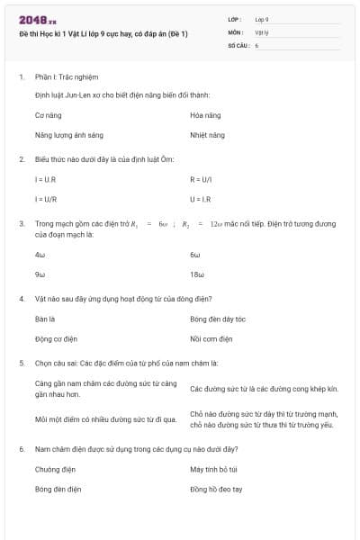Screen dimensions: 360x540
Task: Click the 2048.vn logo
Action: click(x=38, y=19)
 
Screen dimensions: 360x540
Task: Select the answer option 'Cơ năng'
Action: click(x=48, y=115)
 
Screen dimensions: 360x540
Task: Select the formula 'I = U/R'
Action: click(x=46, y=200)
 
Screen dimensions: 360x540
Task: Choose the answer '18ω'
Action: click(x=198, y=274)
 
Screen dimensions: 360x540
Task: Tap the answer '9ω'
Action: click(x=40, y=274)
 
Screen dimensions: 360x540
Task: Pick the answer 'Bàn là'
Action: click(x=45, y=319)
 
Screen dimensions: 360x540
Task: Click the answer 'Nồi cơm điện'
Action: click(x=211, y=339)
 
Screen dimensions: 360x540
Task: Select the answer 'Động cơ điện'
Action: click(x=56, y=339)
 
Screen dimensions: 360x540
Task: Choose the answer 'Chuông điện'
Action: click(x=55, y=469)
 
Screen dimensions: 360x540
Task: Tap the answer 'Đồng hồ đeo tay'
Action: click(x=216, y=489)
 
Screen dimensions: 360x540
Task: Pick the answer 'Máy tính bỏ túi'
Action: click(x=214, y=469)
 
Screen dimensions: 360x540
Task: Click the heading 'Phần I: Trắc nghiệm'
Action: click(x=60, y=77)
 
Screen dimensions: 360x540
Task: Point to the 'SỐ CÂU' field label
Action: click(x=238, y=44)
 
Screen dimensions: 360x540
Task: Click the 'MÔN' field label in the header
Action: click(x=235, y=31)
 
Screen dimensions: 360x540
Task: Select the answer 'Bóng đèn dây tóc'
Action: click(x=218, y=319)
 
